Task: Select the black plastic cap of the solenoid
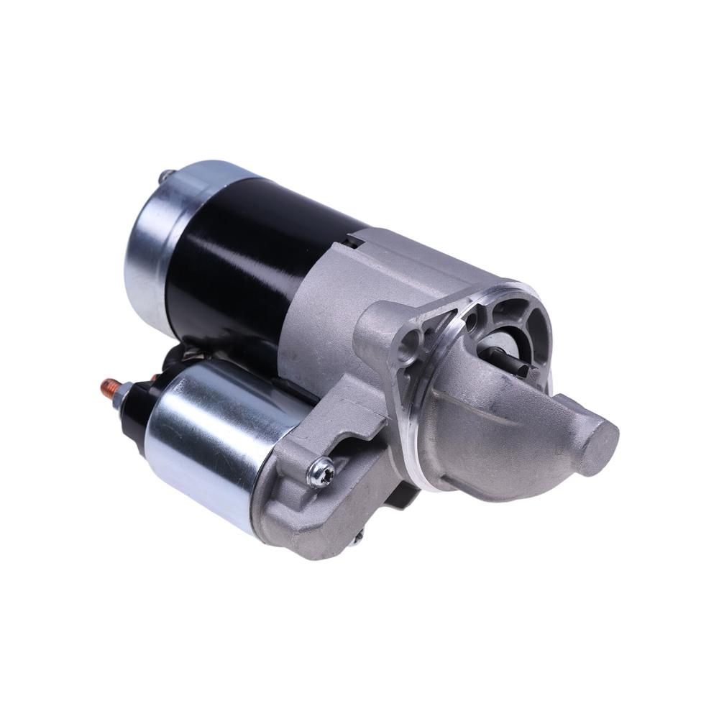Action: [141, 406]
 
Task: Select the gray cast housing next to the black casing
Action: [324, 302]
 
